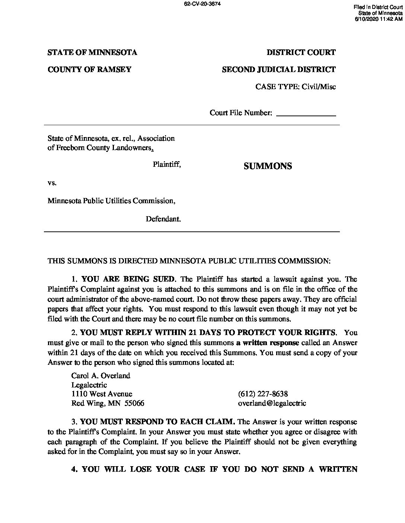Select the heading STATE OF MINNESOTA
[x=92, y=52]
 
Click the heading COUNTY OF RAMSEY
[x=89, y=69]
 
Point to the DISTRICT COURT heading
[x=301, y=52]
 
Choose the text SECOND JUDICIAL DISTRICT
[x=278, y=69]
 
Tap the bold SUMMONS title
[x=268, y=166]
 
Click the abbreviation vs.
[x=52, y=183]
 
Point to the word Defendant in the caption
[x=163, y=219]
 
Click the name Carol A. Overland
[x=101, y=376]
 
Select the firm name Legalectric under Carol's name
[x=89, y=385]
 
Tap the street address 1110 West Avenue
[x=102, y=394]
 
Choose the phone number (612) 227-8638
[x=263, y=394]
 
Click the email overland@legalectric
[x=272, y=403]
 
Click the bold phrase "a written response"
[x=268, y=342]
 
